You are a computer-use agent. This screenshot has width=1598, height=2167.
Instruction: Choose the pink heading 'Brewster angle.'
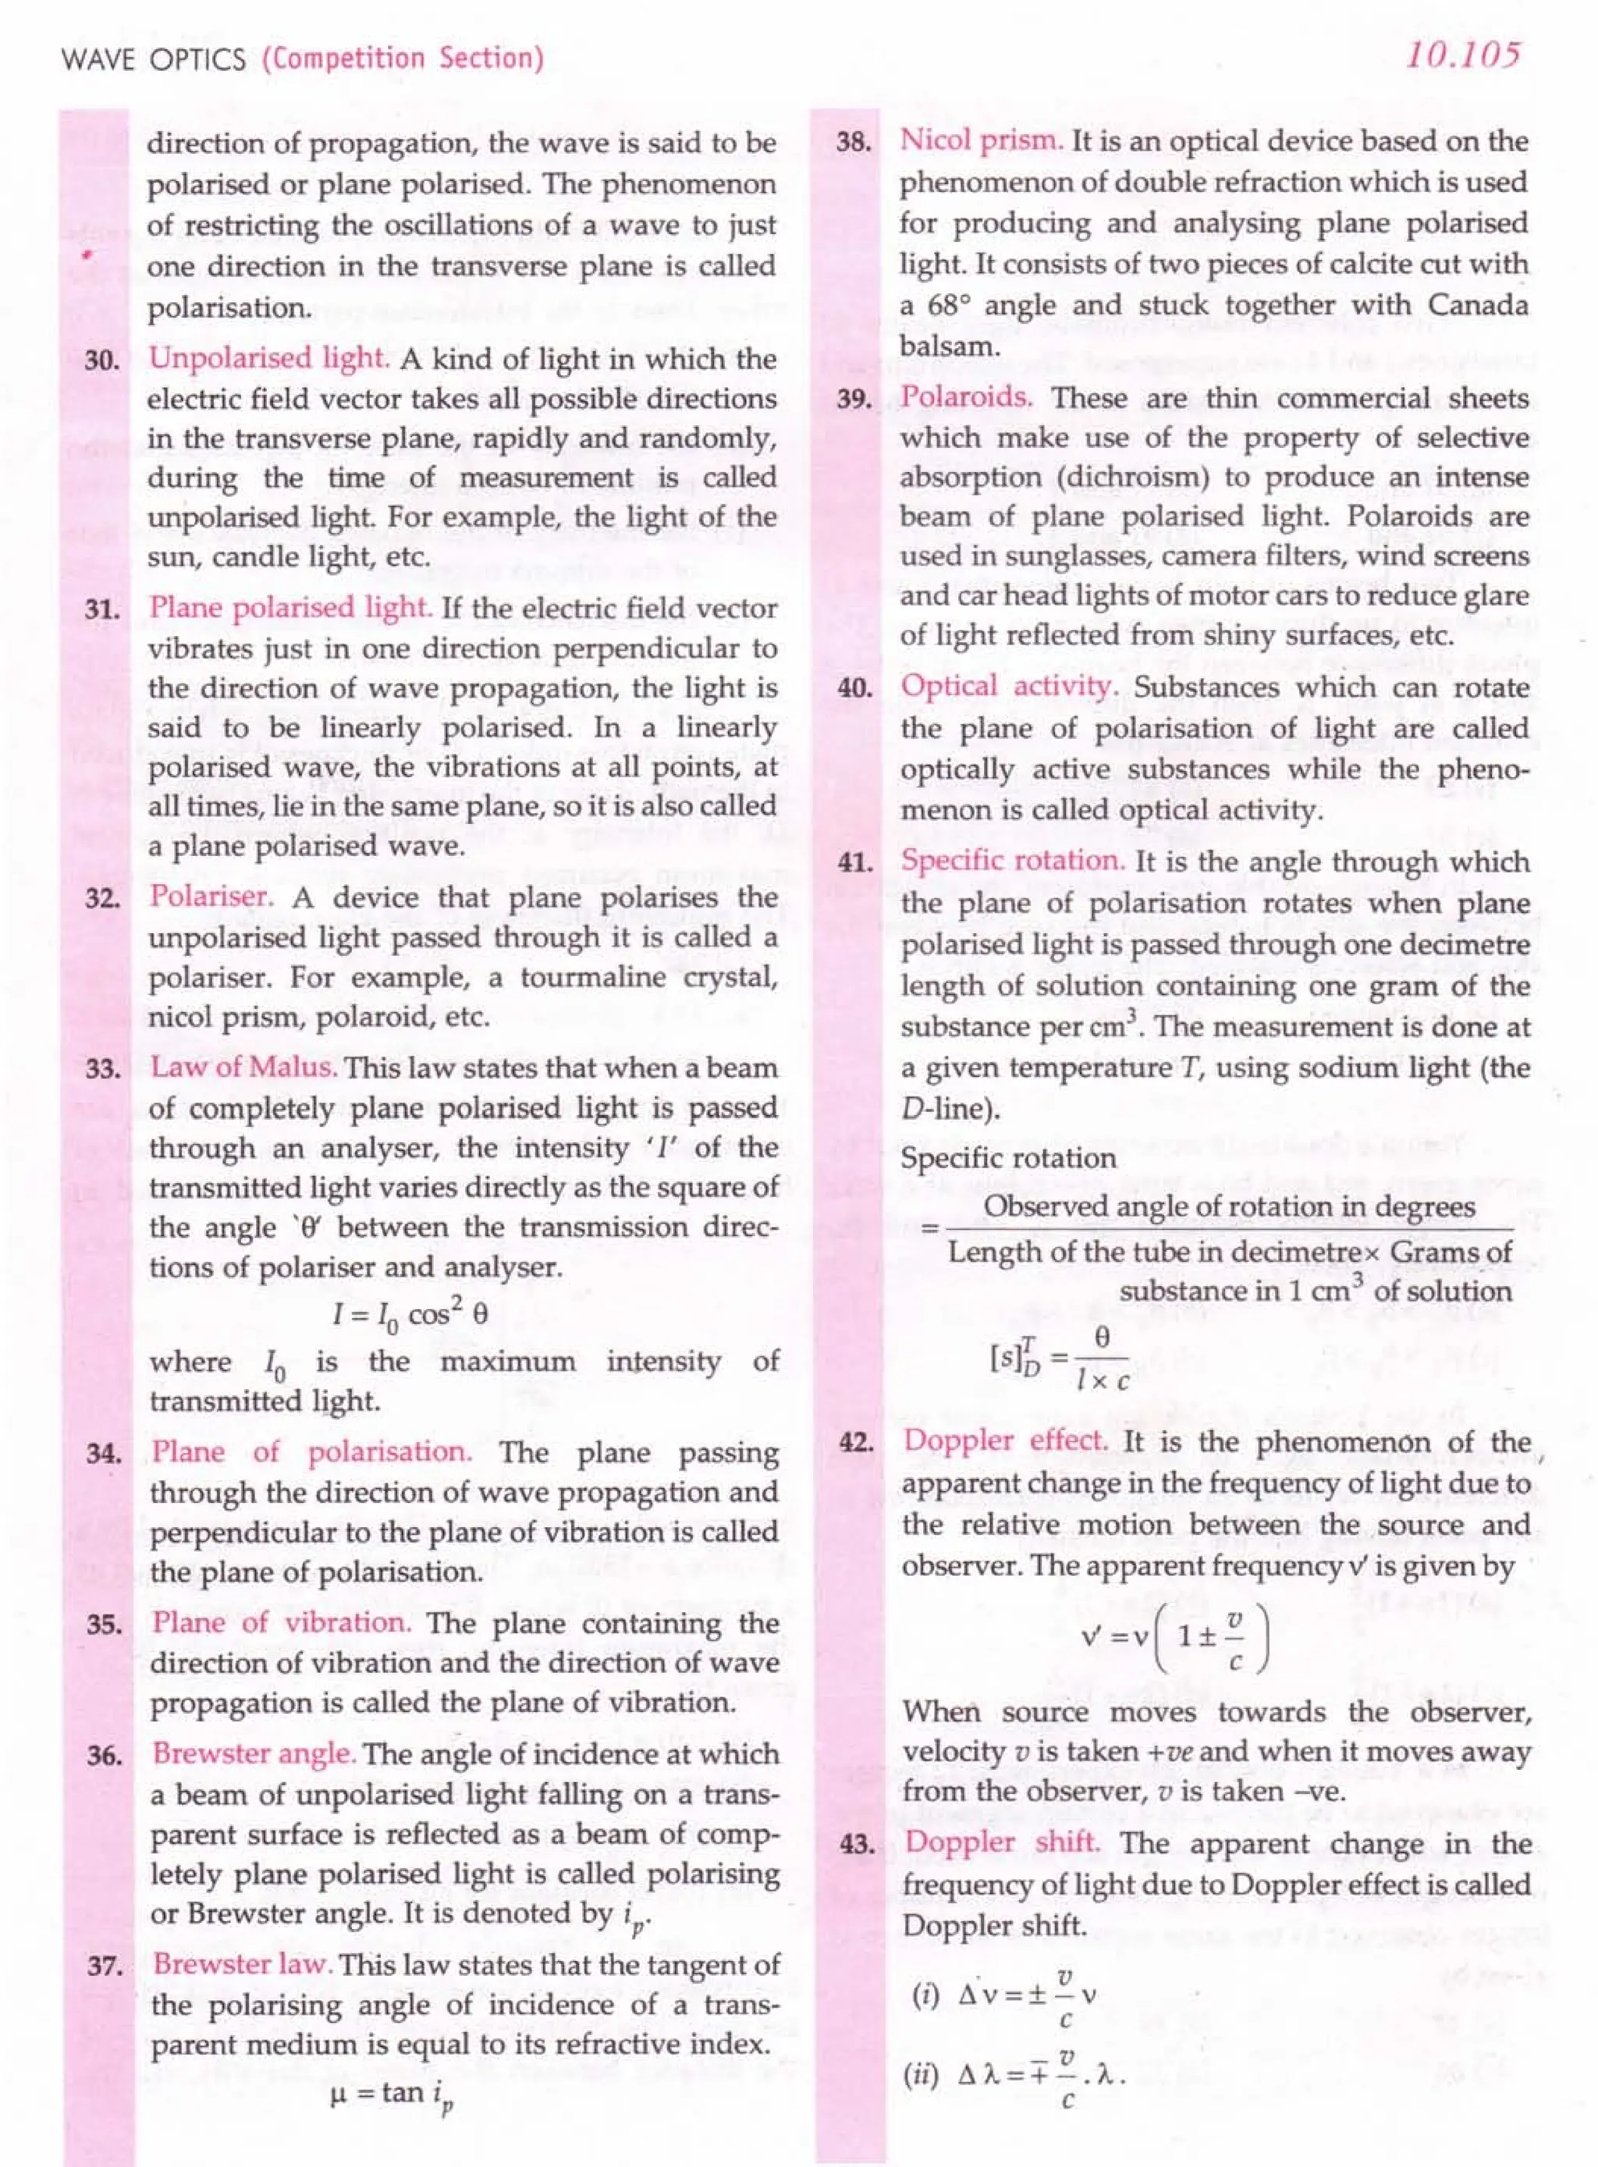pos(255,1754)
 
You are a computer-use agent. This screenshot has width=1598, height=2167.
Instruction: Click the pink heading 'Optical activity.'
pos(1010,687)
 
